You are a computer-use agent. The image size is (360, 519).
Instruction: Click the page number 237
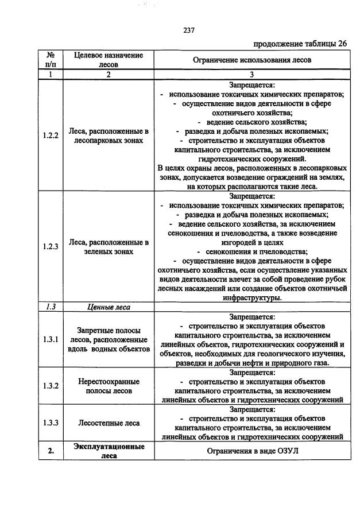point(189,31)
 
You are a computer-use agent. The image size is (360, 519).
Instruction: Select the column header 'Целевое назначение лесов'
point(108,60)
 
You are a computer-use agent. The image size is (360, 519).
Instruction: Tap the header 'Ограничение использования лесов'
point(252,60)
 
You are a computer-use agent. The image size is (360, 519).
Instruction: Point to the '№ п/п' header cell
point(50,60)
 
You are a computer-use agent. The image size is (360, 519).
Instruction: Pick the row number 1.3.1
point(51,339)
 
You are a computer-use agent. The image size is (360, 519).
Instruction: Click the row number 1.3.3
point(51,423)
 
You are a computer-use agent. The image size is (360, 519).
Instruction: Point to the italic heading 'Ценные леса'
point(108,307)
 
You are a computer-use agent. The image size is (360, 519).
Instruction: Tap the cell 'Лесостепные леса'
point(108,423)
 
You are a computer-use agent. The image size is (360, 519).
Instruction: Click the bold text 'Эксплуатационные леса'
point(108,451)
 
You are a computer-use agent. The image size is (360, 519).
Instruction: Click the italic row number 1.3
point(51,307)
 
